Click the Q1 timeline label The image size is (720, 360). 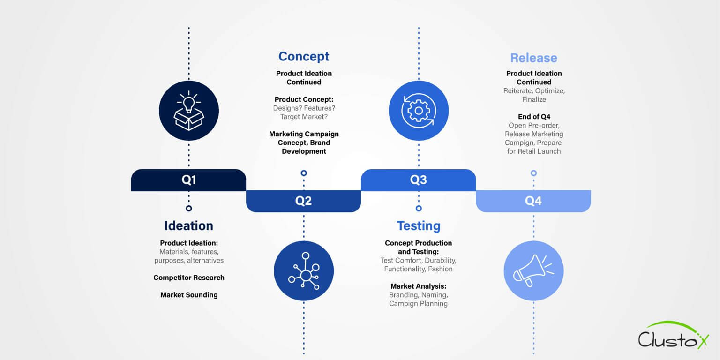point(188,180)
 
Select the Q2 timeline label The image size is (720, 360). point(303,201)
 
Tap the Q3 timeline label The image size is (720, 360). point(418,180)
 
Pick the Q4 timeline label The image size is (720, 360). point(533,201)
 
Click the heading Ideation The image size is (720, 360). point(188,225)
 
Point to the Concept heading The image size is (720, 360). point(304,56)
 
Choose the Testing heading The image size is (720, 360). point(419,225)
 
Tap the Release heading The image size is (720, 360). point(533,58)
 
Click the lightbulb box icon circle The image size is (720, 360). point(188,111)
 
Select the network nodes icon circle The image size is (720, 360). point(304,270)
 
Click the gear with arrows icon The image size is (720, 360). point(419,111)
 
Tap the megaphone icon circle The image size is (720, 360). point(533,270)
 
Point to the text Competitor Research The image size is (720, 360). point(189,277)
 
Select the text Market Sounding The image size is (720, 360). point(189,295)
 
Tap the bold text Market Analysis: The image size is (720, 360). point(419,286)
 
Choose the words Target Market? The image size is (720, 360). point(304,117)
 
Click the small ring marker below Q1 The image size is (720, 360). point(188,208)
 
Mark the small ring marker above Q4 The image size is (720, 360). point(533,173)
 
